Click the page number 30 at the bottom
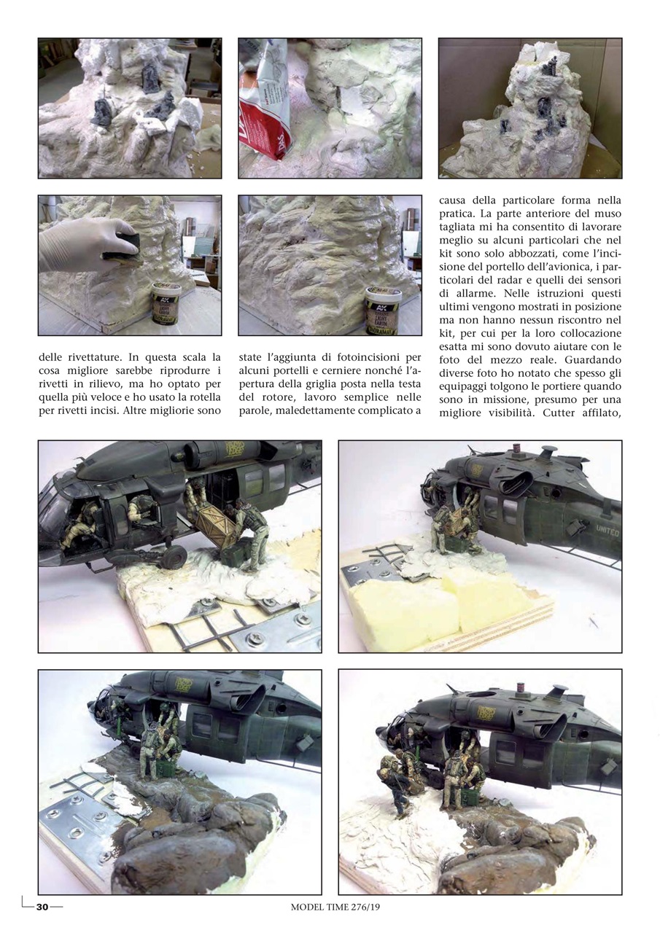coord(42,907)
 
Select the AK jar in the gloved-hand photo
coord(166,303)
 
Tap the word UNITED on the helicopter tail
coord(607,531)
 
